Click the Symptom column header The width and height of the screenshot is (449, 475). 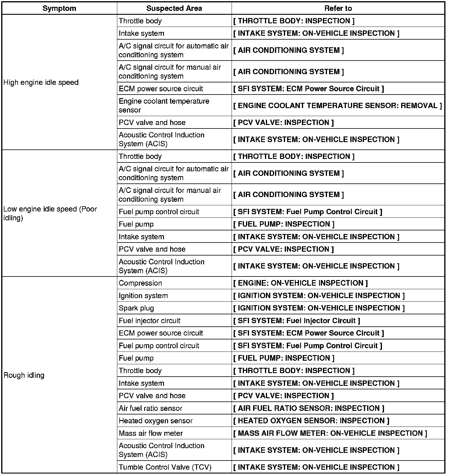[x=59, y=8]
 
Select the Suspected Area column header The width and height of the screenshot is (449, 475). [x=174, y=8]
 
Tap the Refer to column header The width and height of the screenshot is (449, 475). [x=338, y=8]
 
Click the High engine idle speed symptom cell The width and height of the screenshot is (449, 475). [x=41, y=82]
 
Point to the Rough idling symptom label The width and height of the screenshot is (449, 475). [x=24, y=375]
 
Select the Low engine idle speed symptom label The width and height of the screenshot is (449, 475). [x=50, y=213]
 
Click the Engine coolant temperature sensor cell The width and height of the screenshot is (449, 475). [x=164, y=105]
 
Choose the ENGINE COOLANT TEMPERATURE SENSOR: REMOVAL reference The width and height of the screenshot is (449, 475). [x=338, y=106]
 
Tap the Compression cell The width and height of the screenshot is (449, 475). [x=140, y=283]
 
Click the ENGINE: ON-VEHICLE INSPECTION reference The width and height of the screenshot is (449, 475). [x=301, y=283]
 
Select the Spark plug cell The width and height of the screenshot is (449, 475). [x=136, y=308]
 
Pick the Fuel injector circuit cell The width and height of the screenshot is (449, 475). [x=149, y=321]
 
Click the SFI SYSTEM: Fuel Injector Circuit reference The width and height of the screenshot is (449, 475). [x=297, y=321]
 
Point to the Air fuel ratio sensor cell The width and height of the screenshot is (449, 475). [x=150, y=408]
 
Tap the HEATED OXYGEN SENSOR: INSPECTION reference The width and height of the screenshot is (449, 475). [x=311, y=421]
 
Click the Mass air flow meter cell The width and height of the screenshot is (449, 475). [x=151, y=433]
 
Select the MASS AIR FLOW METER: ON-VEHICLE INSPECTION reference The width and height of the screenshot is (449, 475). [x=330, y=433]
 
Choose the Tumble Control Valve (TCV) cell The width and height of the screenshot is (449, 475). [x=165, y=467]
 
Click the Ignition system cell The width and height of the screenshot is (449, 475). [x=143, y=296]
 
